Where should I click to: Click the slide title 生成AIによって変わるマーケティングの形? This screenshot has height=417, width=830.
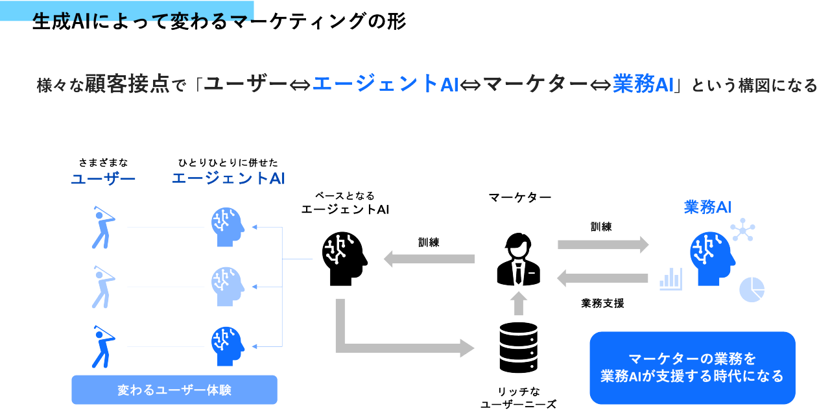coord(219,21)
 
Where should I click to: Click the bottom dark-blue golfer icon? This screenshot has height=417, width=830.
coord(102,346)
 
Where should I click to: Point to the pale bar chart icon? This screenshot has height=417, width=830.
coord(670,279)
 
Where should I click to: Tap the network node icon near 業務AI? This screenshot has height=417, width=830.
coord(742,230)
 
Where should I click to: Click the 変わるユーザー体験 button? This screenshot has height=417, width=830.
coord(174,390)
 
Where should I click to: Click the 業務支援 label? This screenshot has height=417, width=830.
coord(602,303)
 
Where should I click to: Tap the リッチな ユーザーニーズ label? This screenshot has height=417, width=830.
coord(518,398)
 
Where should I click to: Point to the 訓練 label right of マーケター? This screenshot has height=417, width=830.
coord(601,227)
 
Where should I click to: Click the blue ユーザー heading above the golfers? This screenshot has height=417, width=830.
coord(103,178)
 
